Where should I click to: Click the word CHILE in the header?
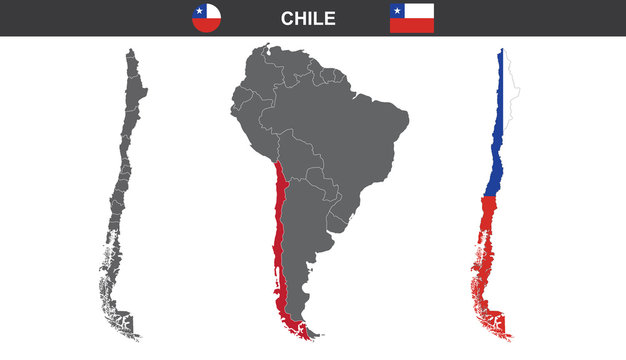tap(308, 18)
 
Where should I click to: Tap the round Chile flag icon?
tap(208, 18)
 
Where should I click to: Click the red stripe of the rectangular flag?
tap(412, 26)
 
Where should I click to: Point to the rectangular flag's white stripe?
tap(420, 11)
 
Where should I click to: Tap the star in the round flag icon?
tap(202, 12)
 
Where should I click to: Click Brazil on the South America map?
tap(350, 130)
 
